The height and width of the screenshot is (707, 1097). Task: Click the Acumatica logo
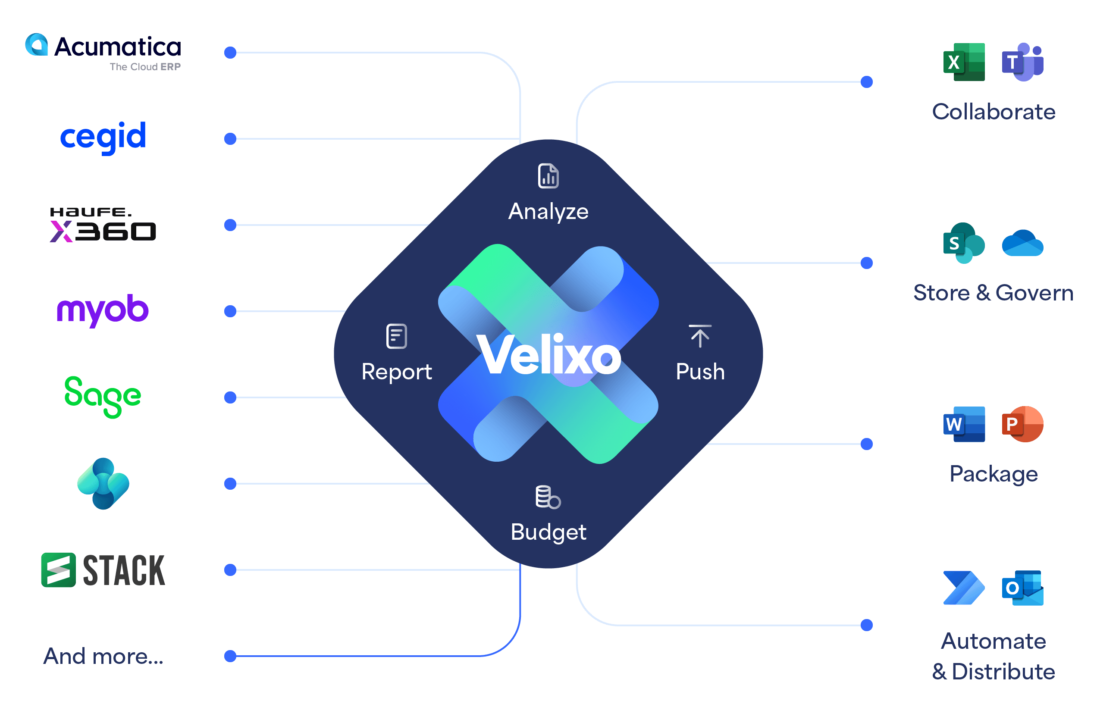click(x=103, y=52)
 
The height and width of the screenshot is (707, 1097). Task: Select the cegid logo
click(x=103, y=137)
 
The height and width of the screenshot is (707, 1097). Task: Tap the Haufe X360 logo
click(x=103, y=225)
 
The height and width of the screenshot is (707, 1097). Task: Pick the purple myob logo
click(x=102, y=310)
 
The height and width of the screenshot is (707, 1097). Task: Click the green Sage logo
click(x=102, y=397)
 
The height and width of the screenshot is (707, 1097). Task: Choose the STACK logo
click(x=103, y=570)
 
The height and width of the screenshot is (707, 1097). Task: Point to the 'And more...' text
click(x=103, y=656)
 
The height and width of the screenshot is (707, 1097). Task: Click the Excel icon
click(x=964, y=62)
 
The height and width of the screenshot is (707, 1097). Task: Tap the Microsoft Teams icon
click(x=1022, y=62)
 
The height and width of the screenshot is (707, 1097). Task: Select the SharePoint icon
click(x=964, y=243)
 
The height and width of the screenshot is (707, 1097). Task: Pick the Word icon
click(x=964, y=424)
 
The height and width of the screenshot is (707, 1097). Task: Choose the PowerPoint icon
click(x=1022, y=424)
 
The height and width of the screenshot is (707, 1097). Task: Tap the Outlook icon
click(x=1022, y=588)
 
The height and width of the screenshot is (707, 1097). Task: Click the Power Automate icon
click(x=964, y=588)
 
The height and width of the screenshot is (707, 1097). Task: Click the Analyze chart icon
click(x=548, y=176)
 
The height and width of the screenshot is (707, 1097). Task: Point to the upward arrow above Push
click(x=700, y=336)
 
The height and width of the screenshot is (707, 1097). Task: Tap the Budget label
click(x=548, y=532)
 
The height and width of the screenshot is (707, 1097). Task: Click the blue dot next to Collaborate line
click(x=866, y=82)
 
